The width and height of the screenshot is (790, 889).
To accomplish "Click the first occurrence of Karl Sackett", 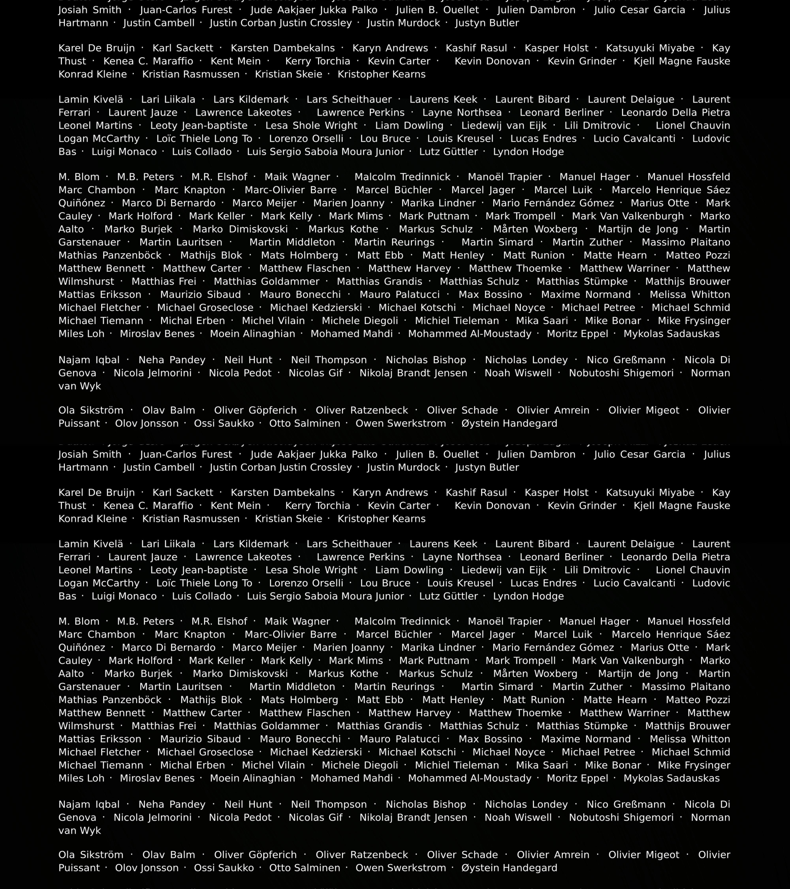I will (183, 48).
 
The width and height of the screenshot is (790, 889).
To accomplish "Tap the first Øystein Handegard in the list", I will (509, 424).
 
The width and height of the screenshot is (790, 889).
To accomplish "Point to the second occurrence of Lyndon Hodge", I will (528, 596).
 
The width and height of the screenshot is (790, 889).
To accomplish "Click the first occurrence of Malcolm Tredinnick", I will (402, 177).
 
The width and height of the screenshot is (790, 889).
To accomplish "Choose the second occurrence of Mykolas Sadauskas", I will (671, 779).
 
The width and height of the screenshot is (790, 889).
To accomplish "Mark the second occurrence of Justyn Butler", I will (487, 468).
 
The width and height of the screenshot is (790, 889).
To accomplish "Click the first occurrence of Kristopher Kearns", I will (381, 74).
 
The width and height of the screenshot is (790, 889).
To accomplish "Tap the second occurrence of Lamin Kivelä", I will (90, 544).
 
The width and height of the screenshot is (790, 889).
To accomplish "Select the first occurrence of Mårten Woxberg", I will (535, 229).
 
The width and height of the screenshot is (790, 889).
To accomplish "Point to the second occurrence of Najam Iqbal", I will (89, 805).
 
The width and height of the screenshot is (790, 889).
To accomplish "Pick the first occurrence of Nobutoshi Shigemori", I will (621, 373).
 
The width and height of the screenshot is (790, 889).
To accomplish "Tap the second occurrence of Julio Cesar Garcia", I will (640, 455).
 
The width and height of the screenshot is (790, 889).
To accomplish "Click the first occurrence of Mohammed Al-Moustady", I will (470, 334).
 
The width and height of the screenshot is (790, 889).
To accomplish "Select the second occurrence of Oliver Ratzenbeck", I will (362, 855).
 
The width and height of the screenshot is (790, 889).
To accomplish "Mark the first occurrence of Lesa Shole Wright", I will (311, 126).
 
